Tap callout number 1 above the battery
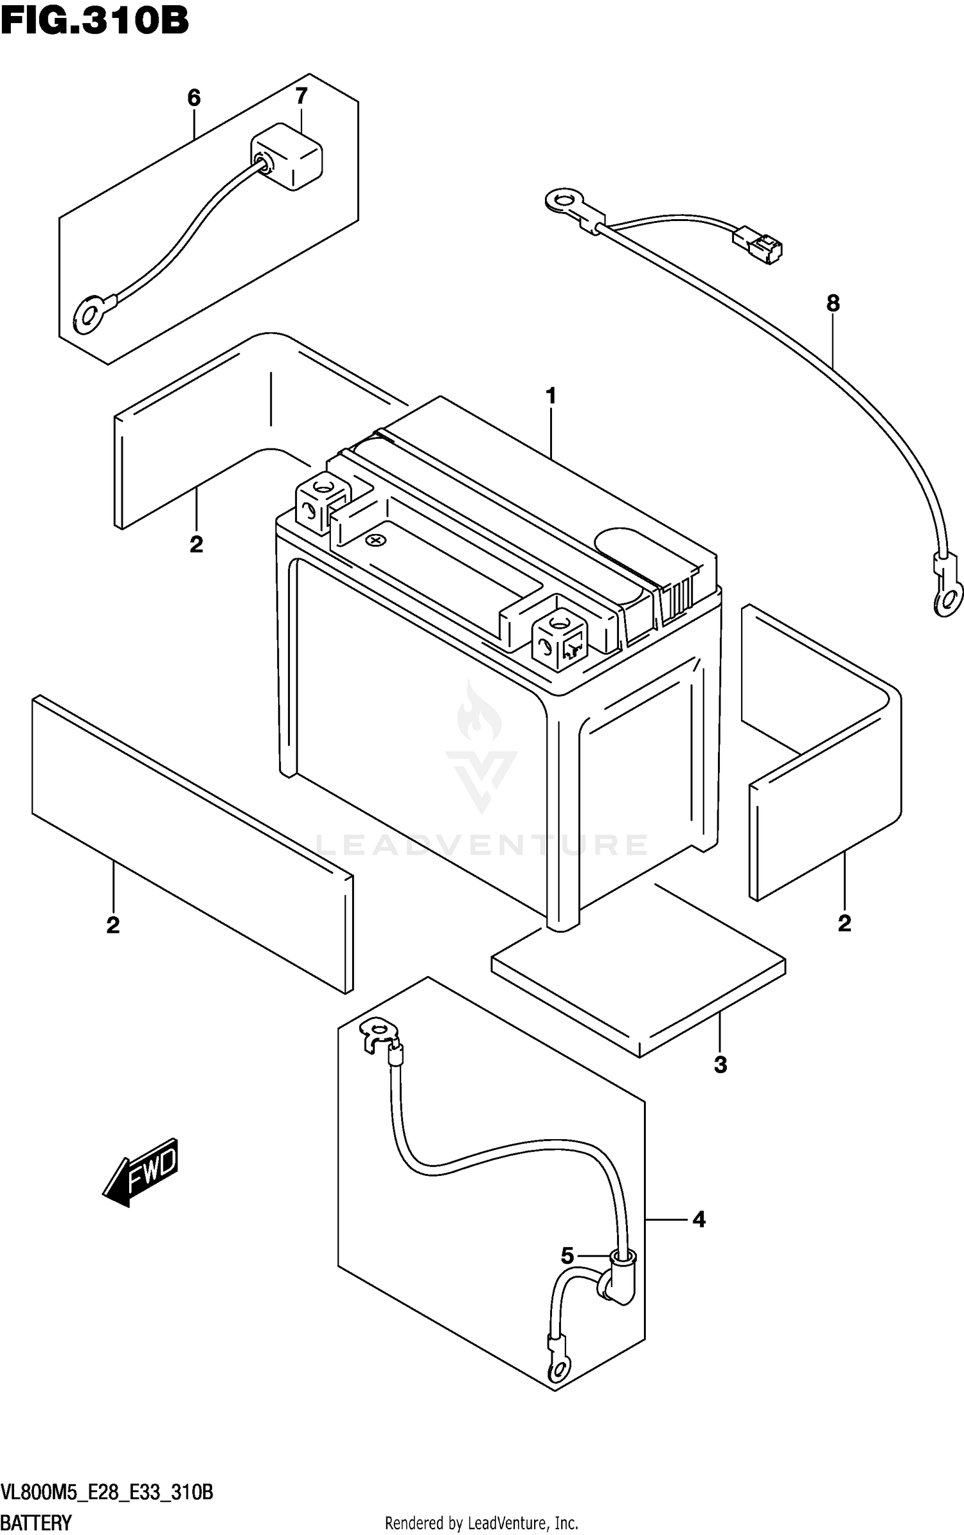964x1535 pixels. pyautogui.click(x=551, y=396)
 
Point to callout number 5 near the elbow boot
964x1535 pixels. pyautogui.click(x=567, y=1256)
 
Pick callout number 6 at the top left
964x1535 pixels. pyautogui.click(x=194, y=98)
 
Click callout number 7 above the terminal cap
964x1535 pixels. pyautogui.click(x=301, y=96)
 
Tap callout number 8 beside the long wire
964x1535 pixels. pyautogui.click(x=833, y=303)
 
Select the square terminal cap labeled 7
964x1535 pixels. pyautogui.click(x=287, y=157)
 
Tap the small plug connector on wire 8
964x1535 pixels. pyautogui.click(x=759, y=244)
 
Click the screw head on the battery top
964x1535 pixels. pyautogui.click(x=375, y=541)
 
